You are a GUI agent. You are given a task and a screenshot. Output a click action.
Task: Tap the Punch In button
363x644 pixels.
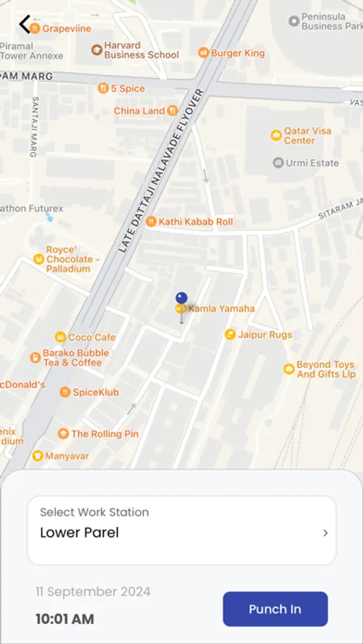click(x=275, y=609)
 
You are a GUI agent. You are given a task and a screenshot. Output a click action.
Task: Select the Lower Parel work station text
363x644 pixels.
click(x=79, y=532)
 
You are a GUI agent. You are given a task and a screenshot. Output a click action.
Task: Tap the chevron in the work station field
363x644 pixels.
click(x=325, y=533)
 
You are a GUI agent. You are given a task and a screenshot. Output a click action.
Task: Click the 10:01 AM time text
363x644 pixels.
click(x=64, y=619)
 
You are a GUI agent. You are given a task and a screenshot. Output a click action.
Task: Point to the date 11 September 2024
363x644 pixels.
click(x=93, y=592)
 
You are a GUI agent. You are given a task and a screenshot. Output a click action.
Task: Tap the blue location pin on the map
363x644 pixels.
click(x=181, y=299)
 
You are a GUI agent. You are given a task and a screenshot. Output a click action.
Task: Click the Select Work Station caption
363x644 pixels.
click(x=95, y=512)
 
